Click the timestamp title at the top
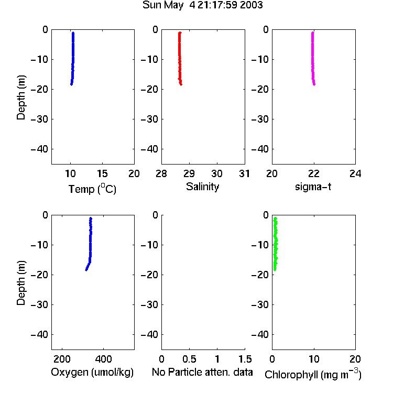click(202, 5)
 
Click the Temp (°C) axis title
click(92, 189)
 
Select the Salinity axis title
click(202, 187)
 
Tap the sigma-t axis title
click(313, 187)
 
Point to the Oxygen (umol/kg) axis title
click(92, 373)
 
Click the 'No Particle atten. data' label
click(202, 372)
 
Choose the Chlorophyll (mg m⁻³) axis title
click(313, 374)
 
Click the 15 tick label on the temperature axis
click(102, 173)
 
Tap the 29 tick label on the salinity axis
click(189, 173)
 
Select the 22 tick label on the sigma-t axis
click(314, 173)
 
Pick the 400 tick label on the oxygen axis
click(103, 359)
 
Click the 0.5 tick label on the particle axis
click(189, 359)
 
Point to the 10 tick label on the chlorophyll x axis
click(314, 359)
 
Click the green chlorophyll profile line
click(276, 244)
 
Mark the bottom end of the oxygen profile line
click(86, 270)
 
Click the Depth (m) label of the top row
click(21, 97)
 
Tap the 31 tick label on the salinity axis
click(244, 173)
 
